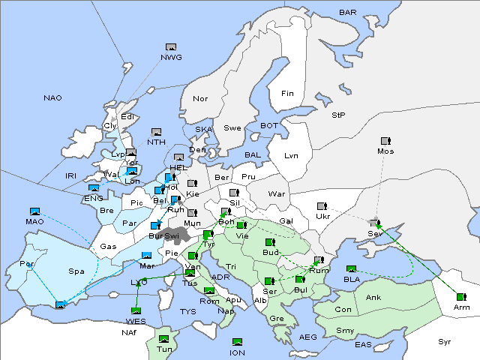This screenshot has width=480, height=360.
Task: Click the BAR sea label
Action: tap(347, 13)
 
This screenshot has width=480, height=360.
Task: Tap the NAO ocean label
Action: tap(52, 98)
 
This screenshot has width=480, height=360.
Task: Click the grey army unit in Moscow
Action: tap(385, 141)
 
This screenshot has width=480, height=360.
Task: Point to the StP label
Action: tap(338, 115)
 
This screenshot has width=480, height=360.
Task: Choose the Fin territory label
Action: tap(287, 94)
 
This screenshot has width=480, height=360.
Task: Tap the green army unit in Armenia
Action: tap(460, 297)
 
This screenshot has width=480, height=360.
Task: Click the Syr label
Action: tap(445, 341)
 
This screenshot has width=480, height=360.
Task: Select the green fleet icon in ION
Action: tap(238, 342)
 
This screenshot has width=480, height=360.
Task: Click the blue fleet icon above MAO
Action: tap(34, 211)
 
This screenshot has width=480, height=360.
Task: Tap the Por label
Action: tap(28, 264)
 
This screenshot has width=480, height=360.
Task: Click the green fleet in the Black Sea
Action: tap(351, 269)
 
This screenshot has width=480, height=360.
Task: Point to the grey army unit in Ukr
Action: tap(322, 206)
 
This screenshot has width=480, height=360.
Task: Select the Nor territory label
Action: tap(200, 99)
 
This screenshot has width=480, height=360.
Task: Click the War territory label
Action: tap(277, 194)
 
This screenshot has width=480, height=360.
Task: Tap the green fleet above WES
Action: tap(136, 310)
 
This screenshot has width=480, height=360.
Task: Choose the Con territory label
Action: tap(343, 309)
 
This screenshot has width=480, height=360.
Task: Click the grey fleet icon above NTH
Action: tap(156, 132)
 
